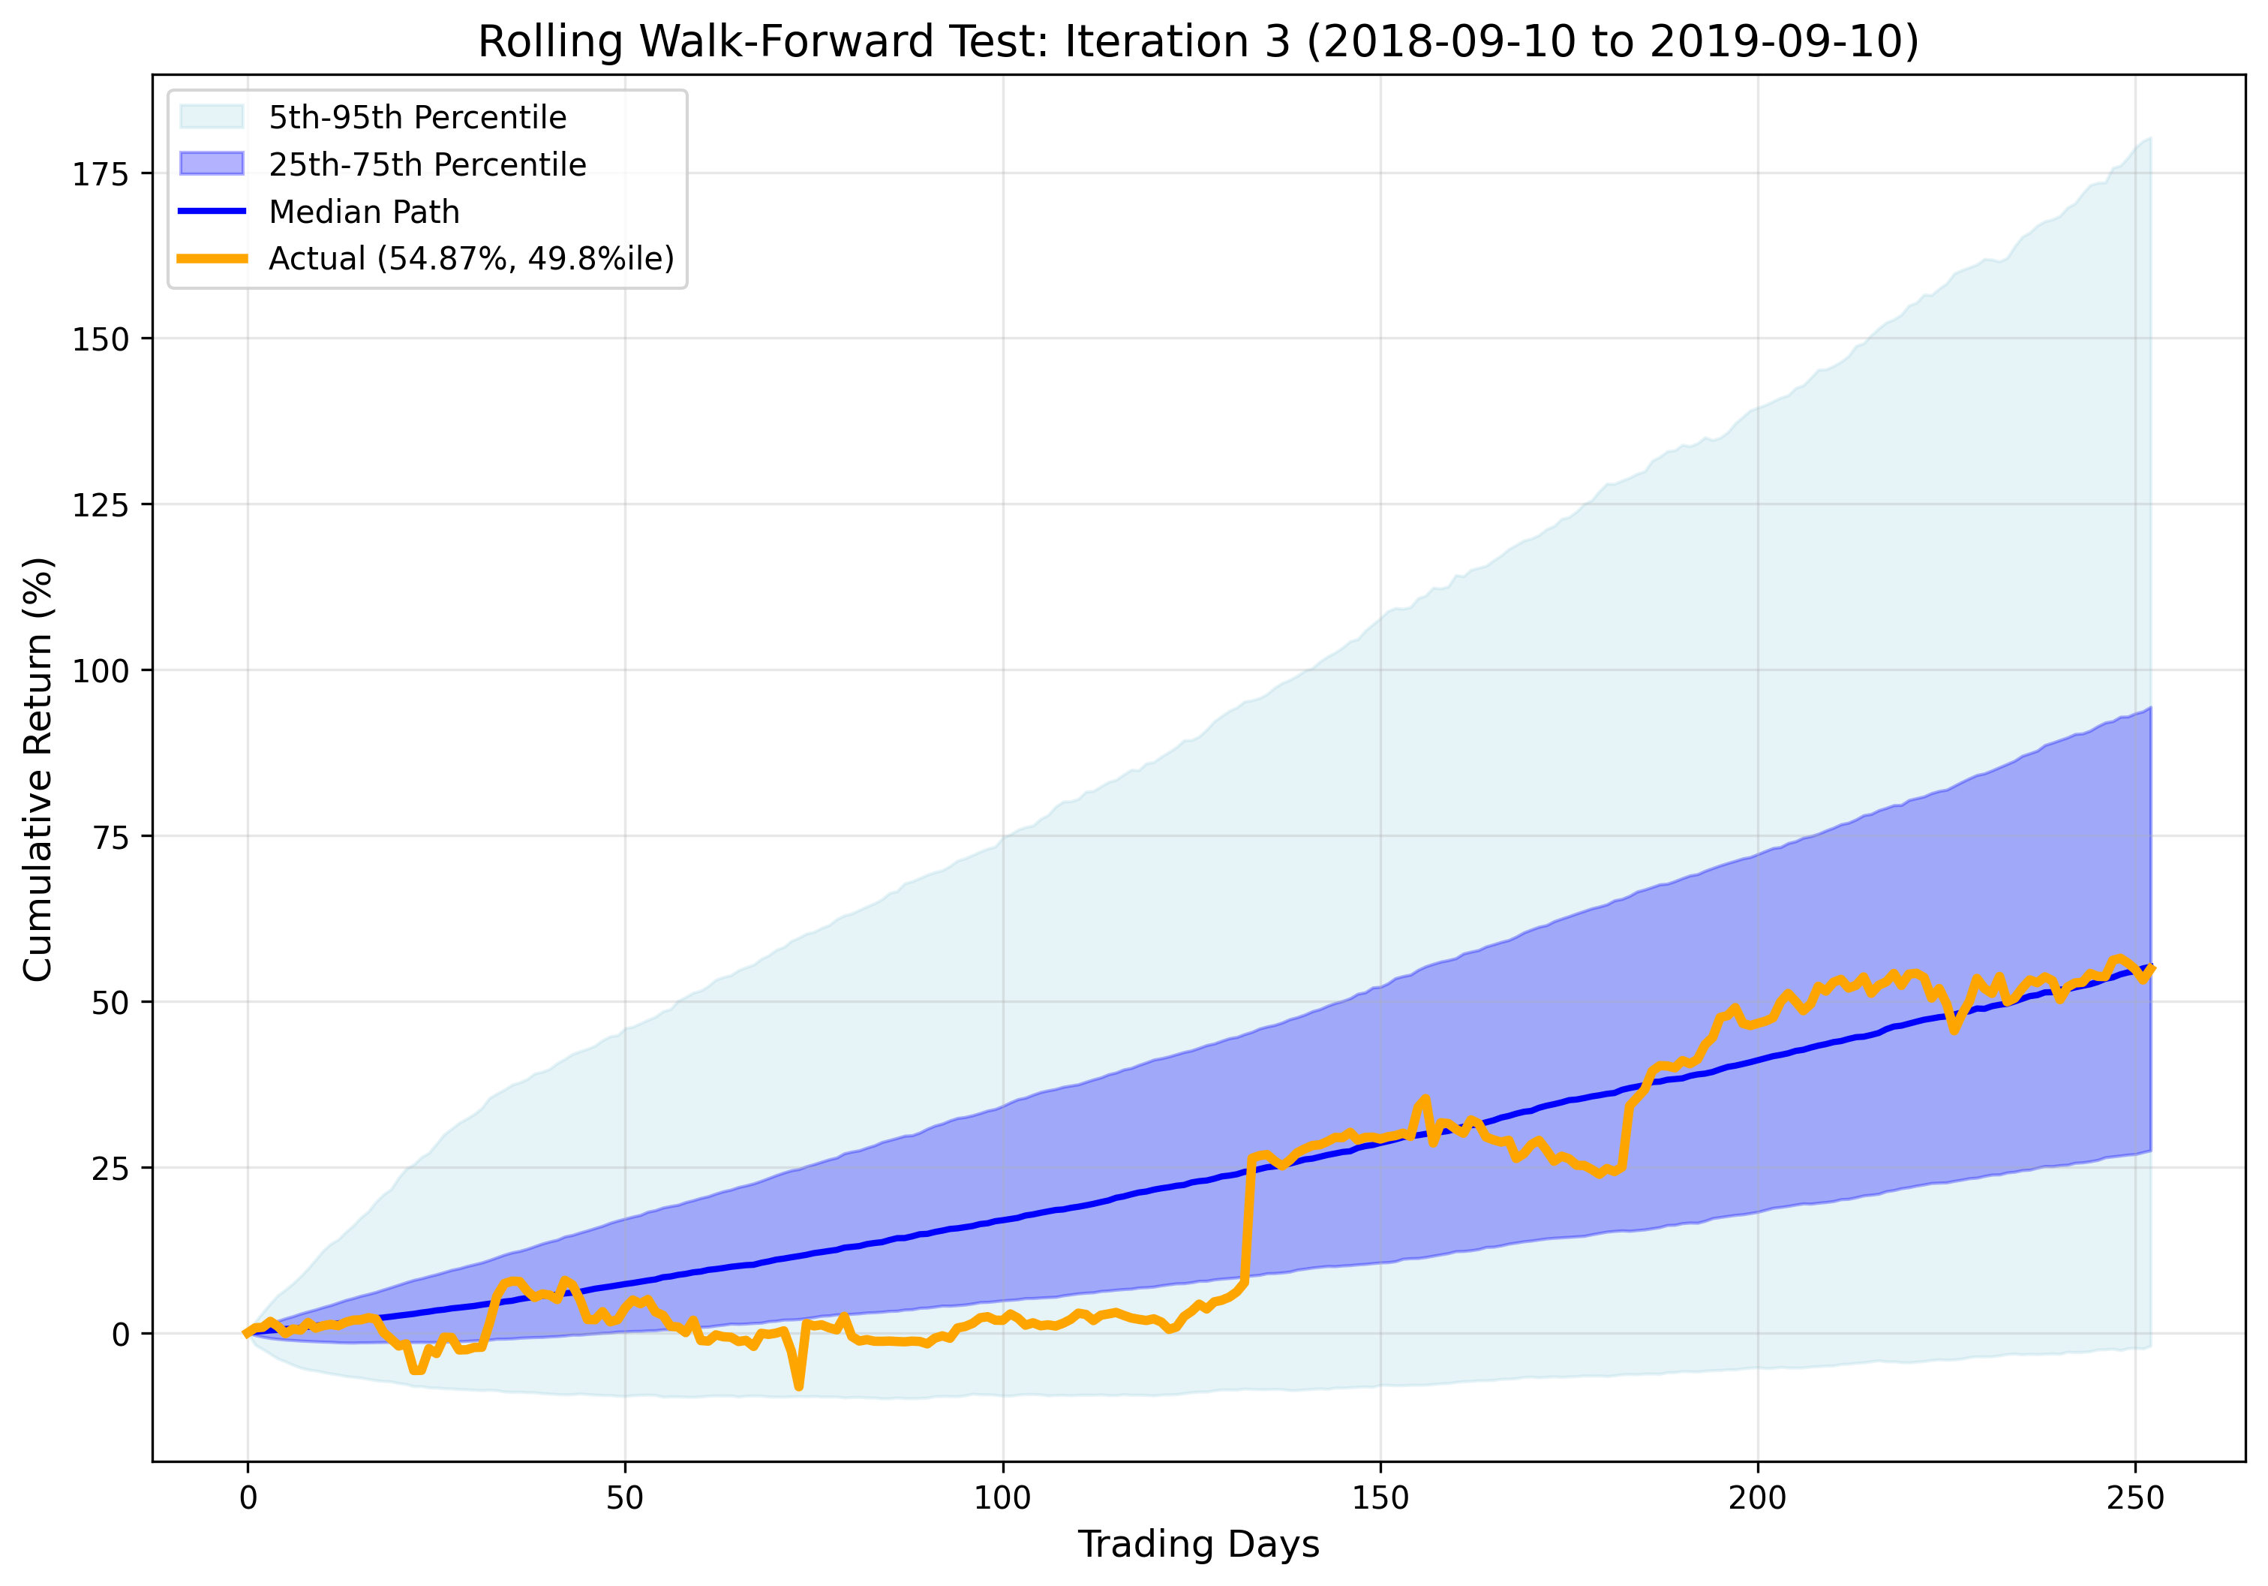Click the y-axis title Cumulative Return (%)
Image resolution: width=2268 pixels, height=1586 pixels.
coord(38,769)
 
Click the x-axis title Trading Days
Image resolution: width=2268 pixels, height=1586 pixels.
coord(1198,1543)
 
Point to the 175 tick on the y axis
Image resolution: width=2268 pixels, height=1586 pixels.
coord(101,175)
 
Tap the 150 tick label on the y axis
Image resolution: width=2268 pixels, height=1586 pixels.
coord(101,340)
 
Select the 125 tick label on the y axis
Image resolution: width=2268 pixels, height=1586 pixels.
coord(101,506)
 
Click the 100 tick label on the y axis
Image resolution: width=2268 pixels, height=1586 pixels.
coord(101,672)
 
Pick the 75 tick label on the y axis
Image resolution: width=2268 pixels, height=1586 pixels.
coord(109,837)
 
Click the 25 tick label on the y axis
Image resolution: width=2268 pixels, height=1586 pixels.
coord(109,1169)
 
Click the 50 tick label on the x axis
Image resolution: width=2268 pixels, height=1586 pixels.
coord(624,1498)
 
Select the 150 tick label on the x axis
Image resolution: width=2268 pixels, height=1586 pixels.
coord(1380,1498)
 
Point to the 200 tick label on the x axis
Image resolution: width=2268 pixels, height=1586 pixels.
coord(1757,1498)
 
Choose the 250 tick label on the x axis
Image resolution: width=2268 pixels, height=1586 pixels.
coord(2134,1498)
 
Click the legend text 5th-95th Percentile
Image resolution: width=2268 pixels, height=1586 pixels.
coord(418,118)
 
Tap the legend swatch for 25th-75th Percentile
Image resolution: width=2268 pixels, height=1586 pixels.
coord(212,164)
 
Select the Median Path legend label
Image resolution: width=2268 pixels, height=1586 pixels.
coord(364,212)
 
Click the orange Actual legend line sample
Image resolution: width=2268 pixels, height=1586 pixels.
coord(212,259)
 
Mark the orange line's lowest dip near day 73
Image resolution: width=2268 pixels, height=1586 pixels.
coord(798,1386)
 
